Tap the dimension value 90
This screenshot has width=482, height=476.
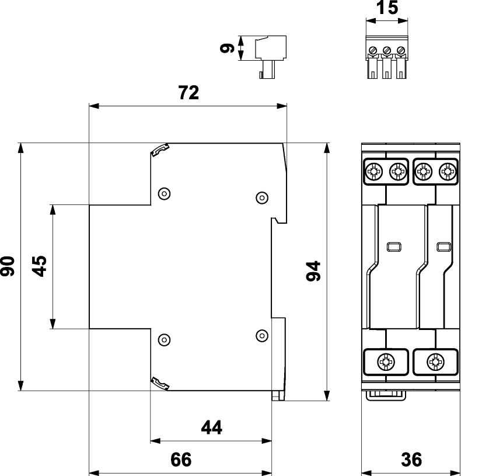pos(9,266)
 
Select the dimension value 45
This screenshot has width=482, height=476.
pos(40,266)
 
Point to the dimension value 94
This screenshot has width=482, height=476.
pos(314,271)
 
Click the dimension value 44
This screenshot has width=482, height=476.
pos(211,428)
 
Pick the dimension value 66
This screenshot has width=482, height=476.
pos(180,460)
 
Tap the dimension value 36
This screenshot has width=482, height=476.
pos(411,460)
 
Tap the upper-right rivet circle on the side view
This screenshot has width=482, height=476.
pos(262,197)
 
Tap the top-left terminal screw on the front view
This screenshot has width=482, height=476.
pos(372,172)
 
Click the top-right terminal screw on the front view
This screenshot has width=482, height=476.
pos(446,172)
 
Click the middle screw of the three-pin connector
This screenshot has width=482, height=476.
pos(386,50)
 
